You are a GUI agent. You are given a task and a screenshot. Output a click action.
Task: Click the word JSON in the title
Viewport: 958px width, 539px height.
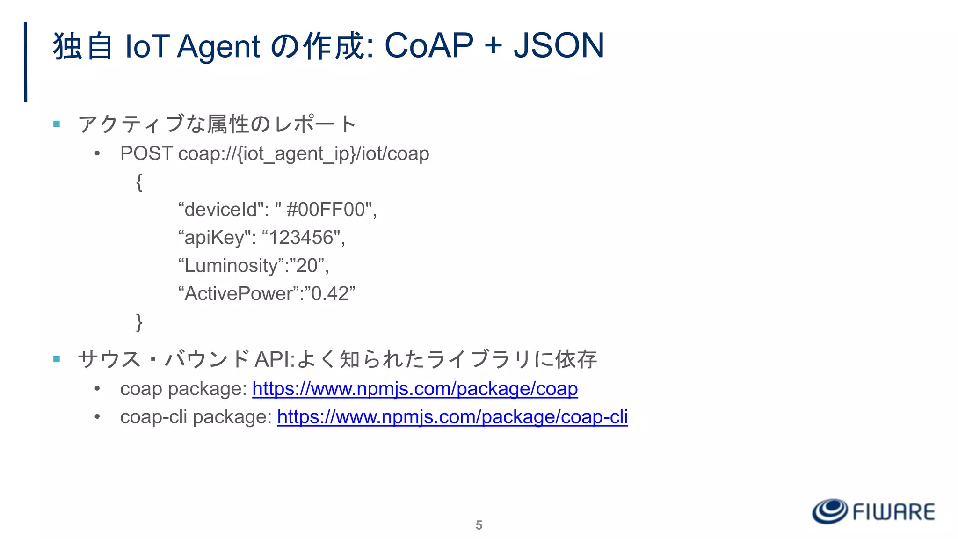[x=559, y=46]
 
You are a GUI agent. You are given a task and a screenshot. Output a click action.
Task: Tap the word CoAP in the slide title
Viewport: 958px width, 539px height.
[x=428, y=46]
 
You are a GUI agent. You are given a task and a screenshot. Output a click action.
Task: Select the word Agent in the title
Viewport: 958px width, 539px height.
[x=218, y=47]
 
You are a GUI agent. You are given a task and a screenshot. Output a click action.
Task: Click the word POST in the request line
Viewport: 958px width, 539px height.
[x=146, y=153]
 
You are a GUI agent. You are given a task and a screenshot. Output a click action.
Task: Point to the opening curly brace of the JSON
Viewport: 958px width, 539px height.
[x=139, y=182]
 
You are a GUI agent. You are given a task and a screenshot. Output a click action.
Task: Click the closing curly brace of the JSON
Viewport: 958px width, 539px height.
[x=139, y=322]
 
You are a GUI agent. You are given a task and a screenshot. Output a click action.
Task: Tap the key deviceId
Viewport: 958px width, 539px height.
[x=221, y=210]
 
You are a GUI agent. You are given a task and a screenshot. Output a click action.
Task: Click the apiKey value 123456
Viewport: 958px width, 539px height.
[x=301, y=238]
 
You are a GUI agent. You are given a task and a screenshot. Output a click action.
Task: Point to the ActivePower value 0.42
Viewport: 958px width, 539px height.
[x=330, y=294]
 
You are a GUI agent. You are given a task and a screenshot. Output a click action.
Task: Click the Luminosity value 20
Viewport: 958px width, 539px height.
[x=307, y=266]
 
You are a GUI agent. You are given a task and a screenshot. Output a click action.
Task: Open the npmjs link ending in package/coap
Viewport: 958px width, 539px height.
[x=415, y=389]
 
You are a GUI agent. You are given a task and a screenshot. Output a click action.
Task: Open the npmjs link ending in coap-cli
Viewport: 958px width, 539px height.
[x=452, y=417]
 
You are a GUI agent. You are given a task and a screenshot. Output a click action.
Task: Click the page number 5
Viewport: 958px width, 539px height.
[x=479, y=525]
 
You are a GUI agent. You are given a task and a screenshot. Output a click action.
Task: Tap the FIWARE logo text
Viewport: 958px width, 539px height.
[x=893, y=512]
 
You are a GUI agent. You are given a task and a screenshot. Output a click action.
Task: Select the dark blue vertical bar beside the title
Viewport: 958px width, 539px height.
[x=26, y=62]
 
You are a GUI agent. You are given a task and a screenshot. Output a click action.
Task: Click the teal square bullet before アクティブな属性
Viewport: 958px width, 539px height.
[x=57, y=124]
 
